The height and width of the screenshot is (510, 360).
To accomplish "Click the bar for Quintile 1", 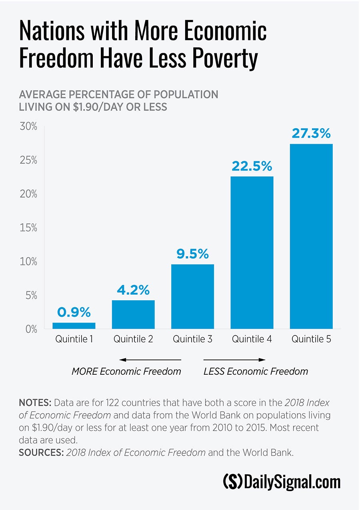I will point(74,325).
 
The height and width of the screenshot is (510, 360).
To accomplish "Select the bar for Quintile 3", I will point(192,296).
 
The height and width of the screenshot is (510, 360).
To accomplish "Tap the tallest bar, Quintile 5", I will point(311,236).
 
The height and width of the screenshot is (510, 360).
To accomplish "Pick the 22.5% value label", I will point(252,166).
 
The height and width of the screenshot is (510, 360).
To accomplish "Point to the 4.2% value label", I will point(133,290).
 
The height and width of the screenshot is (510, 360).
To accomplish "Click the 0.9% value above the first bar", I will point(74,312).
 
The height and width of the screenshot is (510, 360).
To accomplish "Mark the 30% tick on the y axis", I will point(28,126).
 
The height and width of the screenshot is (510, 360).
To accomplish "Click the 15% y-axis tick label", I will point(28,228).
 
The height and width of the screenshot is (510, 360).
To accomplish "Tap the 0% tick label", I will point(30,329).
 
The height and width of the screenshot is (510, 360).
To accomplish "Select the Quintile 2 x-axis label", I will point(133,339).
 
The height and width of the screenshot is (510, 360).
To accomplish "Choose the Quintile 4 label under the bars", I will point(252,339).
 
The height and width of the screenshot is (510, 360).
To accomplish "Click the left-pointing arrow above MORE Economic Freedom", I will point(150,359).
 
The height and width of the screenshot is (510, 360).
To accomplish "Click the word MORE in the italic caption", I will point(84,371).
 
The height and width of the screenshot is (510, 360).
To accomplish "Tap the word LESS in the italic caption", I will point(214,371).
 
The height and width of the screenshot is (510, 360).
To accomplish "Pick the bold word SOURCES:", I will point(41,452).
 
